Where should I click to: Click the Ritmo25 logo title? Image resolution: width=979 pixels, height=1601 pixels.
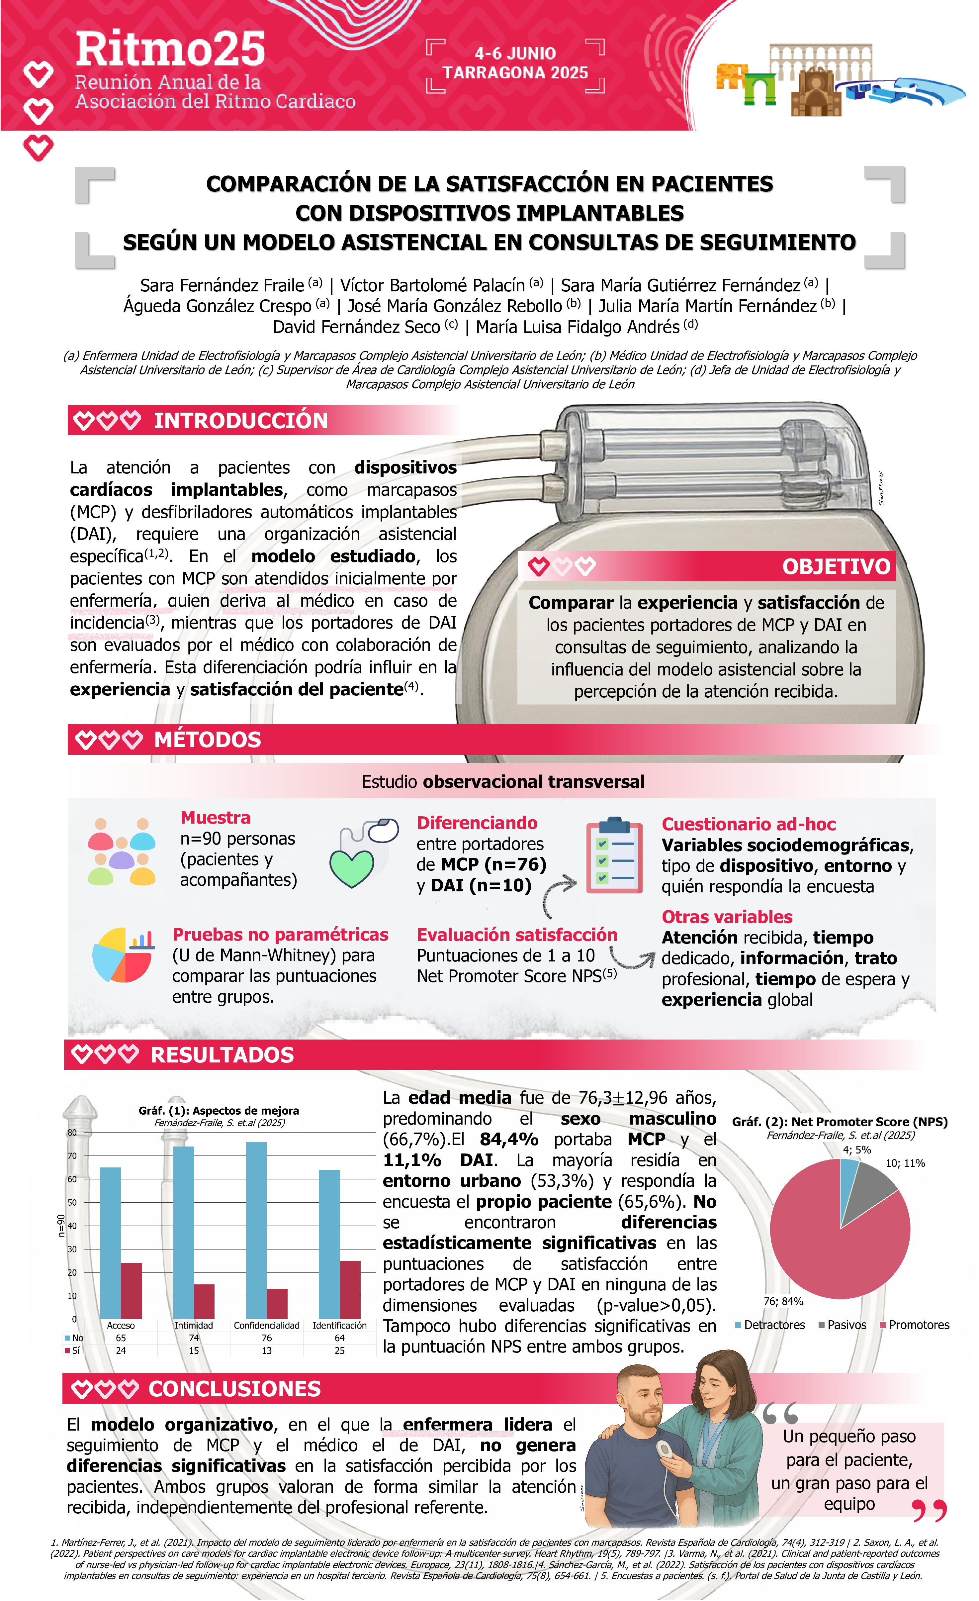[170, 50]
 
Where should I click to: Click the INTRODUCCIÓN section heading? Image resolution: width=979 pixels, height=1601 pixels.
[240, 420]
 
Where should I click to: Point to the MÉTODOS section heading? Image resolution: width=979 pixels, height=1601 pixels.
[207, 740]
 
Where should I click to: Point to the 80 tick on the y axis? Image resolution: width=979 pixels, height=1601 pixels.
[72, 1133]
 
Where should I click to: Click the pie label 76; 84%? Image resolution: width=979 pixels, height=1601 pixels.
[783, 1301]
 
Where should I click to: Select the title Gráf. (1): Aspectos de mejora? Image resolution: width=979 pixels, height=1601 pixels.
[219, 1110]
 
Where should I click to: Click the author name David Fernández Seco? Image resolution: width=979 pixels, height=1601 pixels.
[356, 327]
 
